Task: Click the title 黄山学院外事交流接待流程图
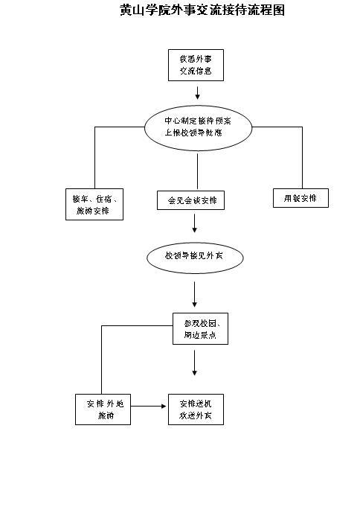click(x=202, y=11)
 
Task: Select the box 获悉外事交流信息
click(x=196, y=65)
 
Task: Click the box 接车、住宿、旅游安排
click(x=94, y=205)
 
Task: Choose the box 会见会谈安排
click(x=192, y=200)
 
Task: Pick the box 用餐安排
click(x=300, y=198)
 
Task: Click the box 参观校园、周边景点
click(x=200, y=329)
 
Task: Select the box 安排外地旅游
click(x=103, y=409)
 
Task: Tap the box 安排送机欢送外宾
click(x=196, y=409)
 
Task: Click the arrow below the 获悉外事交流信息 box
click(x=198, y=92)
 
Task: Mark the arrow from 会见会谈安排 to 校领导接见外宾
click(x=194, y=224)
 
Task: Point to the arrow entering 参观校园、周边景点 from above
click(x=194, y=295)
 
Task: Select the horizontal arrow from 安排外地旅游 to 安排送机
click(x=149, y=407)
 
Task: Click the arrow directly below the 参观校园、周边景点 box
click(x=194, y=363)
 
